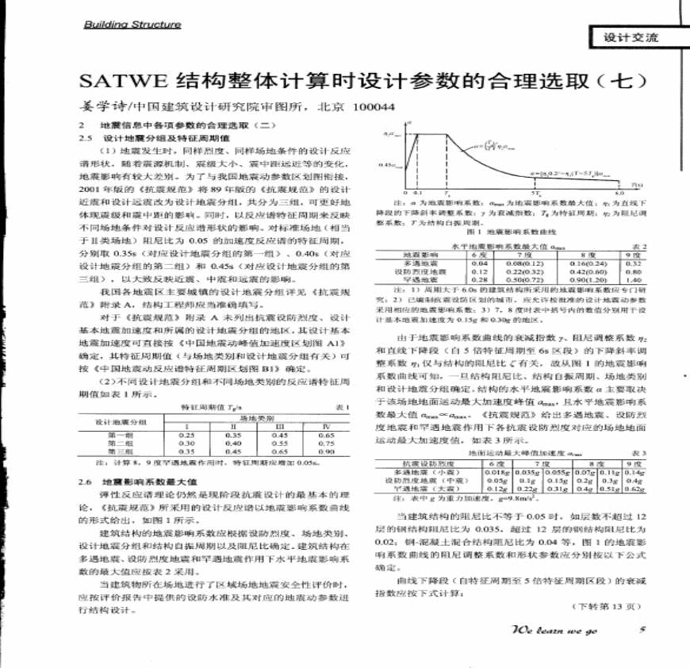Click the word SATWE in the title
[x=117, y=82]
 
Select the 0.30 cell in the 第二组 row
[x=187, y=443]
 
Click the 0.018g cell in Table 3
[x=496, y=473]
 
